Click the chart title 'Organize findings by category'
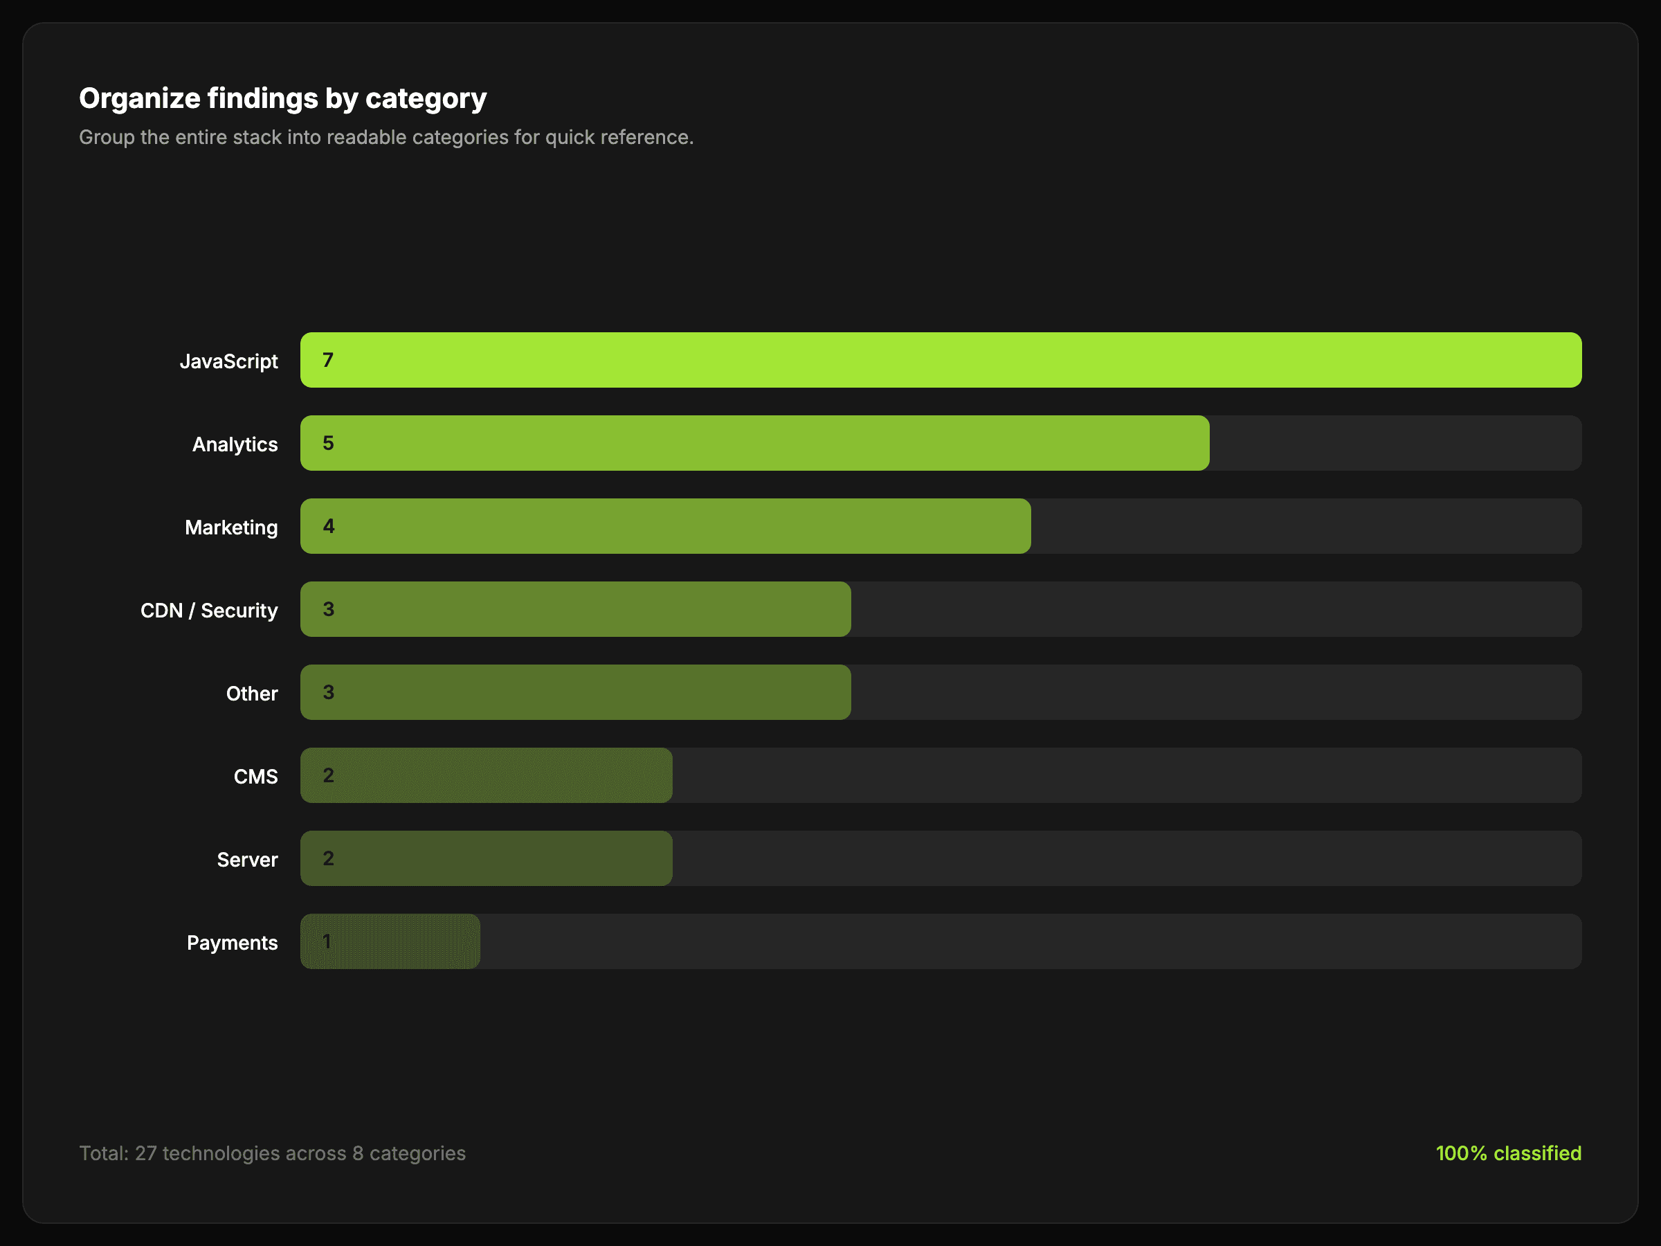pos(282,98)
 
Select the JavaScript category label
pos(228,361)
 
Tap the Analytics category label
pos(235,444)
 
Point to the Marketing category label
pos(230,527)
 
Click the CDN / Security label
pos(209,611)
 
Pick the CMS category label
pos(255,777)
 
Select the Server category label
pos(247,860)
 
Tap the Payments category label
pos(232,943)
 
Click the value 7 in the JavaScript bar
pos(328,361)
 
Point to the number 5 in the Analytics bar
pos(328,443)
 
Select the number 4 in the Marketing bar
pos(328,527)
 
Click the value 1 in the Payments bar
pos(327,941)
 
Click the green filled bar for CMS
pos(496,775)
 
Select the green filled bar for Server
pos(496,858)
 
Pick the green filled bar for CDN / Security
pos(586,609)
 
